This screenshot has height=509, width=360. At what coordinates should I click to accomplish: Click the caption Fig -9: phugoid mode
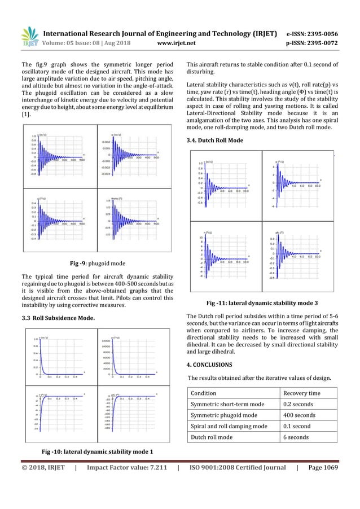(x=97, y=263)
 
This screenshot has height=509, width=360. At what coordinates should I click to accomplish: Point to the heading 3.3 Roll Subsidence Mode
(x=63, y=318)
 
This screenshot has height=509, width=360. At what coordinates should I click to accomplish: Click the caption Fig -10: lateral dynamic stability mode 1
(x=97, y=451)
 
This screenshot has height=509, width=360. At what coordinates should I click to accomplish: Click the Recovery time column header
(x=302, y=393)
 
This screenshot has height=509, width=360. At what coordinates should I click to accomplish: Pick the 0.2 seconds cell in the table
(x=299, y=404)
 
